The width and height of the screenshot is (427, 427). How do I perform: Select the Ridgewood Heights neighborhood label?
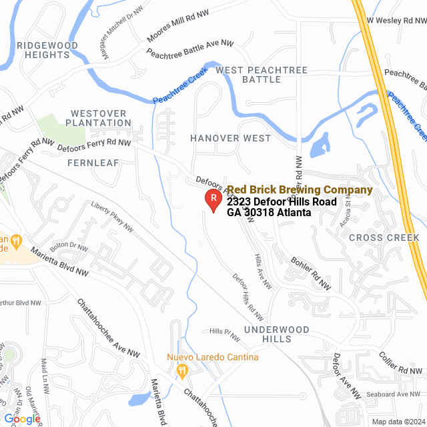coord(47,50)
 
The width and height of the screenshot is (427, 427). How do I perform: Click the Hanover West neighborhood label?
coord(230,138)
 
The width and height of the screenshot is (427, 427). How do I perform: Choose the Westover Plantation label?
coord(101,118)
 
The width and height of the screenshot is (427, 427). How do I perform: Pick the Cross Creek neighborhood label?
coord(384,238)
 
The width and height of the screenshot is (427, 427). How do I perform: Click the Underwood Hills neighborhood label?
coord(276,334)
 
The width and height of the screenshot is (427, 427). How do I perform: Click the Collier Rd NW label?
coord(400,364)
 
